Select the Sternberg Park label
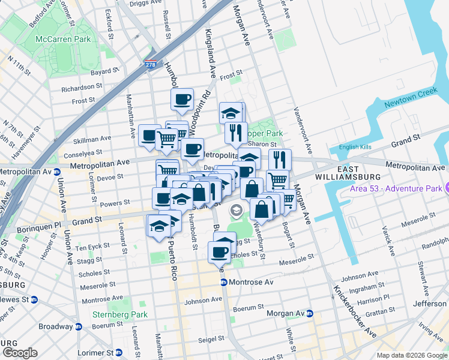119,314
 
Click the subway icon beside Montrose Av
223,282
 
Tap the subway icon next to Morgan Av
310,313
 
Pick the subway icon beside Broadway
76,327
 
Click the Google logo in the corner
20,353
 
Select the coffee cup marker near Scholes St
218,252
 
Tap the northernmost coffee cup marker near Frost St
182,100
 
